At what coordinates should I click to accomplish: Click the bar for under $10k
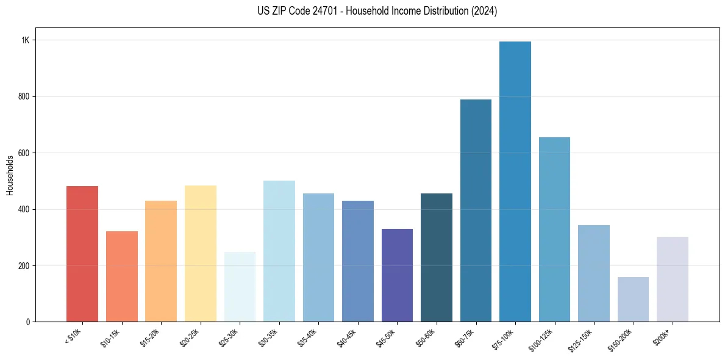click(82, 254)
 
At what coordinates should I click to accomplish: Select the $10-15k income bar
click(121, 276)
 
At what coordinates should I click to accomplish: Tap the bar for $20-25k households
click(200, 253)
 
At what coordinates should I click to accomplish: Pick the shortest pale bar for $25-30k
click(240, 287)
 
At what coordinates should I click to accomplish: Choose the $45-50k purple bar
click(397, 275)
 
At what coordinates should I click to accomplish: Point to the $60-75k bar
click(476, 211)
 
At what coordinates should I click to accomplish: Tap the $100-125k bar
click(554, 229)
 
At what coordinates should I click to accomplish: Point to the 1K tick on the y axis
click(25, 40)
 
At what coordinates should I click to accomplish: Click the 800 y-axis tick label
click(24, 96)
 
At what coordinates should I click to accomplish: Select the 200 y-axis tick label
click(24, 266)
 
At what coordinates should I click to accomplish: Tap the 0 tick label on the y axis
click(27, 322)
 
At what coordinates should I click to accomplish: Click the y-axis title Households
click(10, 175)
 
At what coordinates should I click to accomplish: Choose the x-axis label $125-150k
click(583, 338)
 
